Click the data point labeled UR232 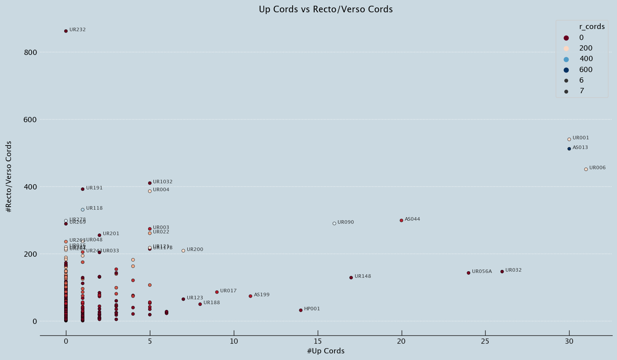(x=66, y=31)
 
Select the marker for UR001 (x=569, y=139)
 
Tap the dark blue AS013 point (x=569, y=149)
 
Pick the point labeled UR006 (x=586, y=169)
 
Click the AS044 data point (x=401, y=220)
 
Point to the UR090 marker (x=334, y=223)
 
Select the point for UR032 (x=502, y=272)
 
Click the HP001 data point (x=301, y=310)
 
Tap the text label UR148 (x=363, y=276)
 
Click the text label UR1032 (x=163, y=182)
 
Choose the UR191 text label (x=94, y=188)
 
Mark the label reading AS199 (x=261, y=295)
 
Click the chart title (x=326, y=9)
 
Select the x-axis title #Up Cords (x=326, y=351)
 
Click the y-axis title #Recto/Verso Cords (x=9, y=177)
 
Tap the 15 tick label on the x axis (x=318, y=342)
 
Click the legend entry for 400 (x=586, y=59)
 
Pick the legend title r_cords (x=592, y=26)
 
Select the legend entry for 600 (x=586, y=69)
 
